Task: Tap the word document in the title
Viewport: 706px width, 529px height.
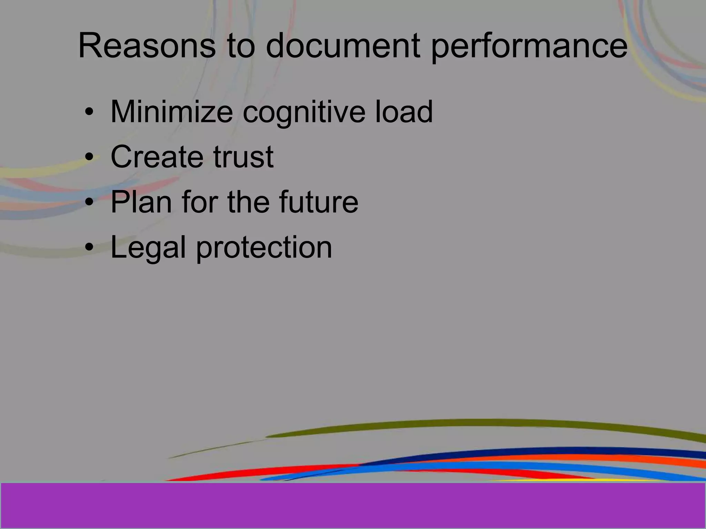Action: pyautogui.click(x=343, y=46)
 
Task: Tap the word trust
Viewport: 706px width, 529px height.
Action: pyautogui.click(x=243, y=157)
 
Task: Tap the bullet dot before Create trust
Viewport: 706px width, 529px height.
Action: pyautogui.click(x=89, y=157)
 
